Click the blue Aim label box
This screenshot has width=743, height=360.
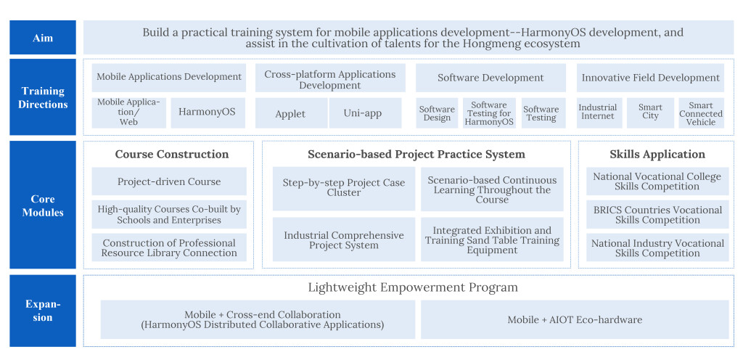[43, 38]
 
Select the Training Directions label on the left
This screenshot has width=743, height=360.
[43, 97]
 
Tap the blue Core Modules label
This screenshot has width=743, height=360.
[43, 205]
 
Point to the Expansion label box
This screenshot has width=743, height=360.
[43, 311]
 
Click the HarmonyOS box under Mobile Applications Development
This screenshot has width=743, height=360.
[208, 112]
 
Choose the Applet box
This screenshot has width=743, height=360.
[291, 113]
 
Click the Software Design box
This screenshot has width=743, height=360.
[437, 113]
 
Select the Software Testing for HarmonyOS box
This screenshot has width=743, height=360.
[490, 113]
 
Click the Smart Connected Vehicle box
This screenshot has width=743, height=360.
[702, 113]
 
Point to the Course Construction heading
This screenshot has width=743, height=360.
[172, 155]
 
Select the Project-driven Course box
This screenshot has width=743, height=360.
[169, 181]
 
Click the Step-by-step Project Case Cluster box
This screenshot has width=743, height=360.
[344, 189]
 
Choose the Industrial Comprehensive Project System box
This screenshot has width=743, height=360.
[344, 240]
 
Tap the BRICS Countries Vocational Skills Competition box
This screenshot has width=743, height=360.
[657, 215]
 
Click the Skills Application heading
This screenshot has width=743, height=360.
[657, 155]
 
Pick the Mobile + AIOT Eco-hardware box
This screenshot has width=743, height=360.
[575, 320]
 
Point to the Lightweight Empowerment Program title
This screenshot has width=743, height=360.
[413, 287]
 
